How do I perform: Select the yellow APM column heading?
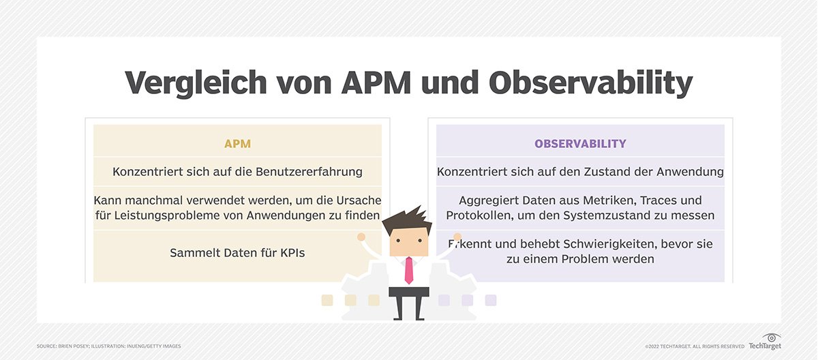coord(237,144)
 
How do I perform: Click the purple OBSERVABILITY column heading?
coord(580,144)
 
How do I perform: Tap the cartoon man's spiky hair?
coord(408,222)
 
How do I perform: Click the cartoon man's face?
coord(409,243)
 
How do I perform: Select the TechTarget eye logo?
coord(772,338)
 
